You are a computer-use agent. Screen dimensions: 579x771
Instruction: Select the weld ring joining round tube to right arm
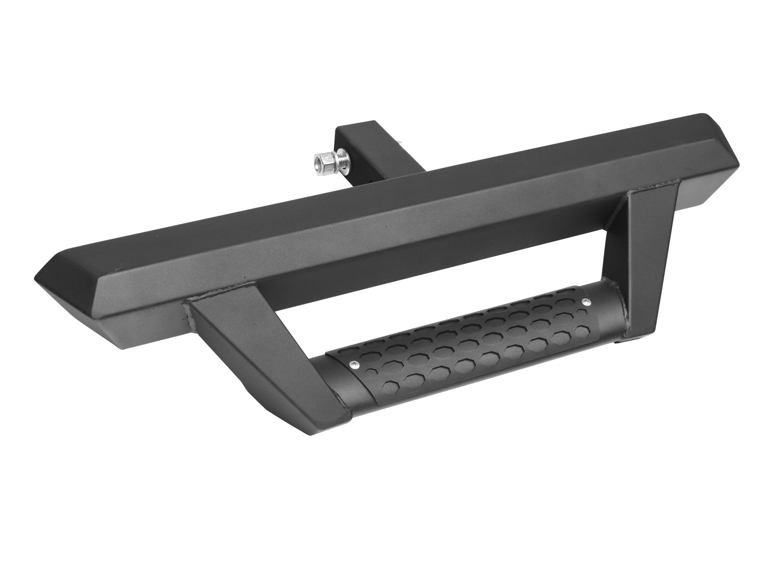[622, 309]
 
